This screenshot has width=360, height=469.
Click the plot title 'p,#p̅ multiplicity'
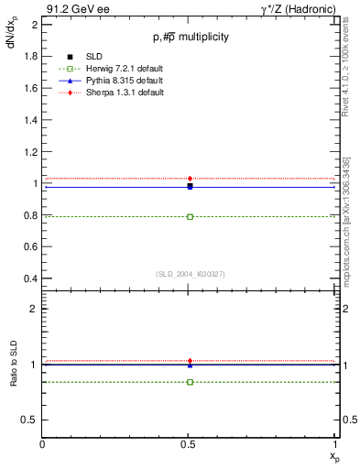point(191,37)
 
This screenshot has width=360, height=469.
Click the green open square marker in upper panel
point(190,217)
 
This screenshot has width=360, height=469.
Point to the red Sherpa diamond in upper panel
point(190,179)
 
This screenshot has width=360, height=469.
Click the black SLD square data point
point(190,186)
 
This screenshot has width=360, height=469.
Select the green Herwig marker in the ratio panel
point(190,381)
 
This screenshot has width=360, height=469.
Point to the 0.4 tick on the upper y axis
point(30,278)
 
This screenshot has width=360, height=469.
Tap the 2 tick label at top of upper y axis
point(34,25)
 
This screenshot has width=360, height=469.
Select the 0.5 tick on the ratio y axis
point(30,420)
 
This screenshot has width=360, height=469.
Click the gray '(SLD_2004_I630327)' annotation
point(190,274)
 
